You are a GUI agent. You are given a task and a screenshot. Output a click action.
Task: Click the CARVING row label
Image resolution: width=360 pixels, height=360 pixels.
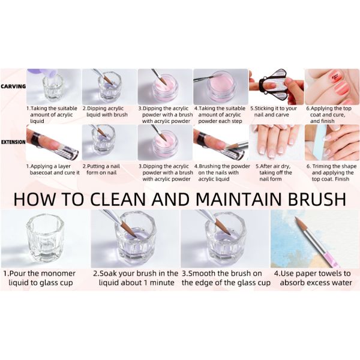click(x=13, y=86)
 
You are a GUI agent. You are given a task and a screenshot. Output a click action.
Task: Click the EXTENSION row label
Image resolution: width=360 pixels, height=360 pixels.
click(x=13, y=142)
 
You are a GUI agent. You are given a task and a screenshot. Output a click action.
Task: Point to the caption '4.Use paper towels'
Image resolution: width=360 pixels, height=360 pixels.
click(x=313, y=274)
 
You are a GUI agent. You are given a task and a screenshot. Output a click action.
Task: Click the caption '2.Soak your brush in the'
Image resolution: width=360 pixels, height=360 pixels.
click(x=136, y=274)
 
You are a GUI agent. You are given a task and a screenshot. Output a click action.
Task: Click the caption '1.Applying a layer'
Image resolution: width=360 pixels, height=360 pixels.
click(x=51, y=166)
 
